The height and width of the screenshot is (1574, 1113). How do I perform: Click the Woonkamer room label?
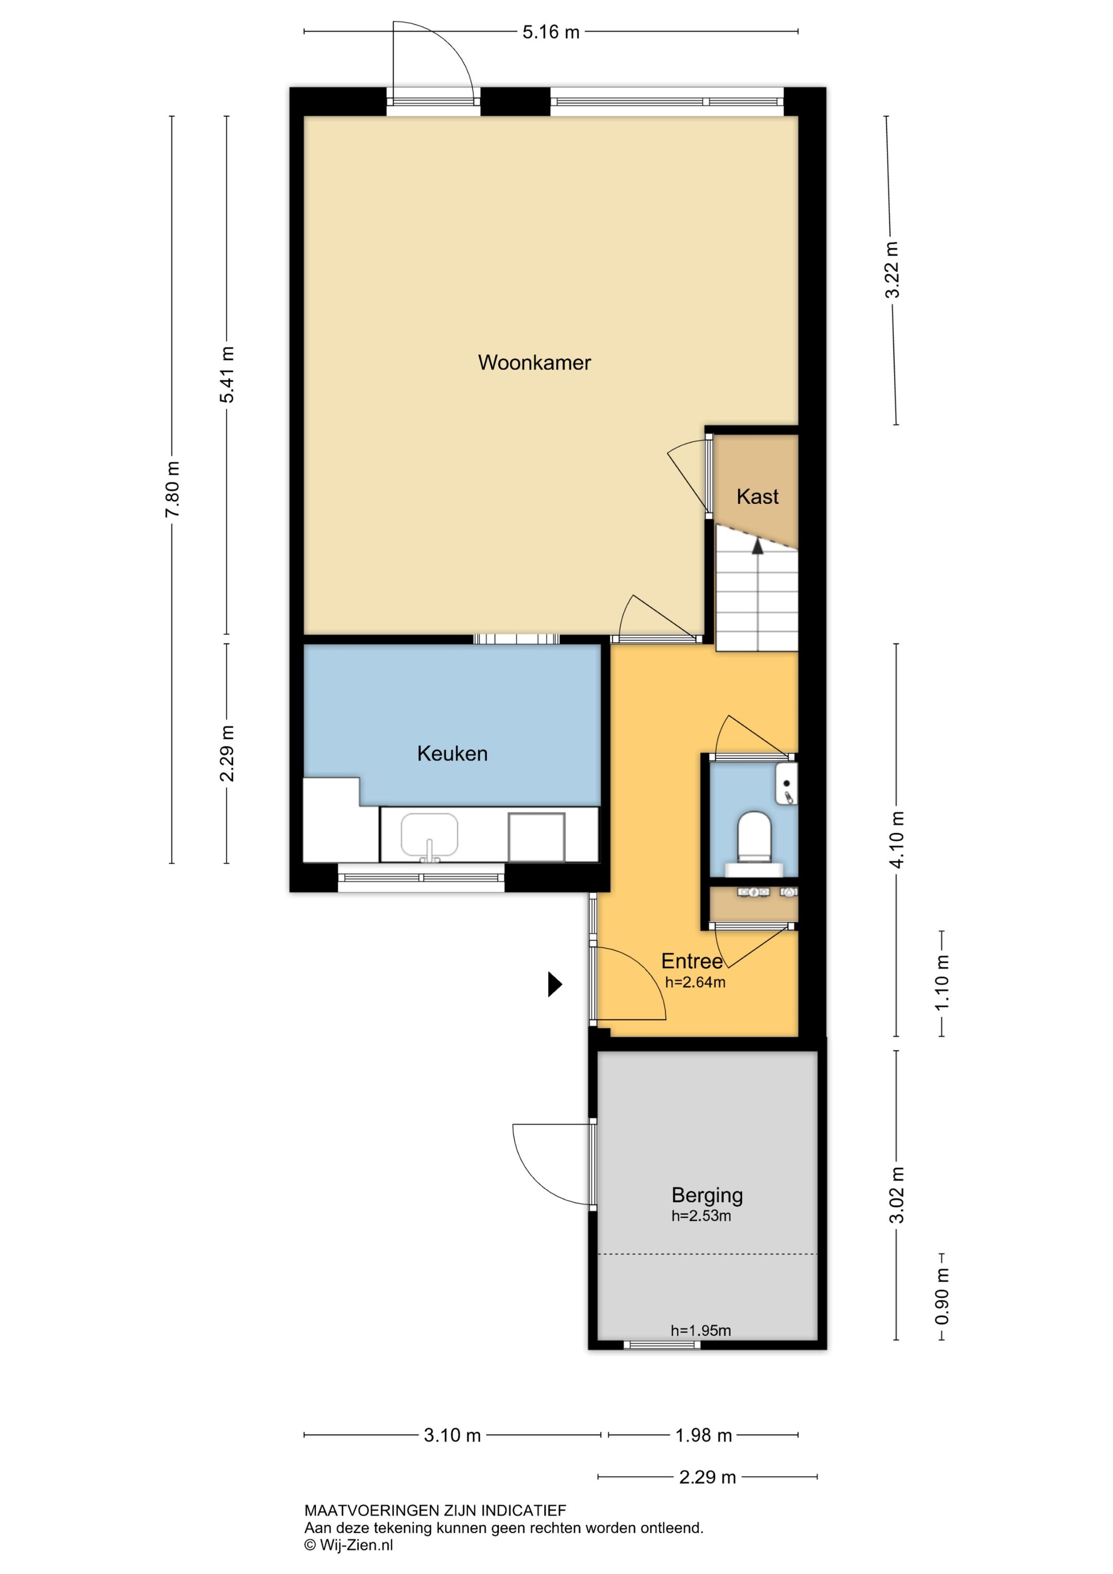(534, 362)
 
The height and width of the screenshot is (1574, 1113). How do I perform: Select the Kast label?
(757, 496)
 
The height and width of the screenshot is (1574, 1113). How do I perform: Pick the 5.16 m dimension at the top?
(551, 32)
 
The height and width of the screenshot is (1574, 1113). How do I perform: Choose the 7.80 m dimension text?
(173, 489)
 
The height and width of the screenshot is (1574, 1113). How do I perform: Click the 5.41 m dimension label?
(228, 374)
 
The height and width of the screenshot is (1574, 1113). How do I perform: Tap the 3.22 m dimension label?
(892, 270)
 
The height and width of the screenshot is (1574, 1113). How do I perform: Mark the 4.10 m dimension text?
(897, 839)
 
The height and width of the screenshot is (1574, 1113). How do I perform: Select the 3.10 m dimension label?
(452, 1435)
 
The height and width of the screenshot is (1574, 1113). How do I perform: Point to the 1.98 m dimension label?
(704, 1435)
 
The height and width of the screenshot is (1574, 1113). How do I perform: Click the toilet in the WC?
(754, 837)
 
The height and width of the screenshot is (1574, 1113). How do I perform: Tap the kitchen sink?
(430, 836)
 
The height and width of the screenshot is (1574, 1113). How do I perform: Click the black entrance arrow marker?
(554, 984)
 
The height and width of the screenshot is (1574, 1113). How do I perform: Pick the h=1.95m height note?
(700, 1331)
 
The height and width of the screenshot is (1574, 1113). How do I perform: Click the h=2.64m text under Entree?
(695, 982)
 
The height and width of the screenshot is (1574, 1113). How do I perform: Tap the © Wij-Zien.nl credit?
(349, 1545)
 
